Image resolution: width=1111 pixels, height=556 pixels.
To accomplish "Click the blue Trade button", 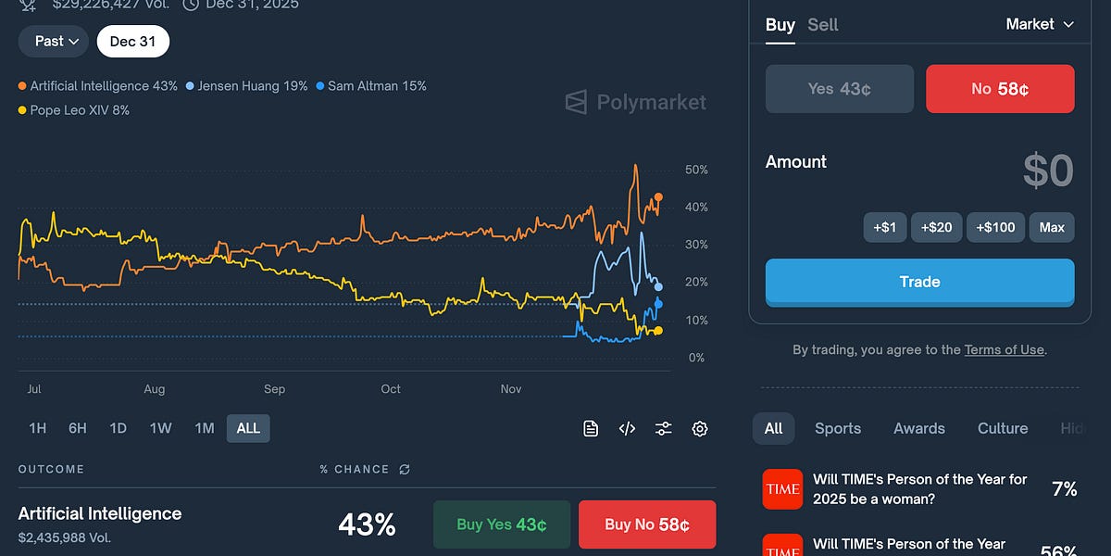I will pos(919,282).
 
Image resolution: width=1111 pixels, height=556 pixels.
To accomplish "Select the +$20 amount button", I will pos(936,227).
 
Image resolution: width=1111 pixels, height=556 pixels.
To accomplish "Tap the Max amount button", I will pos(1052,227).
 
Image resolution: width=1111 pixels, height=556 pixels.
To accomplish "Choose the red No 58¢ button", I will pos(1000,89).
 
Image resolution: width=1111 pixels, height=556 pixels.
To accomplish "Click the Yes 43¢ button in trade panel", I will pos(839,89).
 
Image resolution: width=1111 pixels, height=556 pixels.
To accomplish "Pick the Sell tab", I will pos(822,25).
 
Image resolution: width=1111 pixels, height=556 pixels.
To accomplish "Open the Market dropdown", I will pos(1040,24).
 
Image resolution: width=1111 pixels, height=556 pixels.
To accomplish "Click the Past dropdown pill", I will pos(54,41).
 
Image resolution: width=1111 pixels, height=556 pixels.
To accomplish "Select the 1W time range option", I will pos(160,428).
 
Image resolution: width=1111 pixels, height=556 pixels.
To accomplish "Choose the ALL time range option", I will pos(248,428).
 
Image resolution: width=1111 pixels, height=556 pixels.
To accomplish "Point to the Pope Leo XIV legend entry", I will pos(74,110).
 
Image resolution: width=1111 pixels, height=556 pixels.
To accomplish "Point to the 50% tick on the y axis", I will pos(696,171).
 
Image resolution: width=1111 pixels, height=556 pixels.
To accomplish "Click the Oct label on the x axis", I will pos(391,389).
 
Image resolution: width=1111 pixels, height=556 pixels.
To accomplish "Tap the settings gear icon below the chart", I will pos(700,428).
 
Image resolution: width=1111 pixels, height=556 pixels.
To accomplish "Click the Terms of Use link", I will pos(1005,350).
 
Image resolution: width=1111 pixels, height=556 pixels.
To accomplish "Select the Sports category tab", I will pos(838,428).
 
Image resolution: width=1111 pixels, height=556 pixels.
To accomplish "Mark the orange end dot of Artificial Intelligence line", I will pos(658,197).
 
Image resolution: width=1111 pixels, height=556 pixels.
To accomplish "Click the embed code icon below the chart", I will pos(627,428).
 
